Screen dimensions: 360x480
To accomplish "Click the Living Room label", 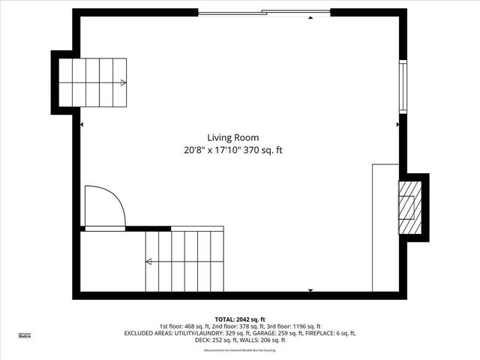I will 233,137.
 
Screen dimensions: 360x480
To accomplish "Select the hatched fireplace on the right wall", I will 409,207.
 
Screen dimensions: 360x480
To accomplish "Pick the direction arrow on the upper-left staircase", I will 122,82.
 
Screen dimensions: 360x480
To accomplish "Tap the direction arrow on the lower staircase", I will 149,262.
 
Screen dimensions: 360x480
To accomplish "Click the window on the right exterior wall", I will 403,85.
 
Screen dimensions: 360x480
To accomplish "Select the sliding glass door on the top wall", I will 264,12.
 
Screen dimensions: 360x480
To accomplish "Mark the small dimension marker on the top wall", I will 310,17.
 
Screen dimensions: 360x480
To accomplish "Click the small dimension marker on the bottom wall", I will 310,289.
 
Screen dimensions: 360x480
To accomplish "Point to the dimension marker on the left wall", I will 82,125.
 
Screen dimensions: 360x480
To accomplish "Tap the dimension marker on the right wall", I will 397,125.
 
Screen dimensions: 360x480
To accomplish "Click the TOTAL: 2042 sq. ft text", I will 240,319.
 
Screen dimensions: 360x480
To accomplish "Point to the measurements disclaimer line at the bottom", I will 240,350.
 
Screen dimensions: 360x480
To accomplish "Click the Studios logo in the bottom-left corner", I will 25,336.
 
